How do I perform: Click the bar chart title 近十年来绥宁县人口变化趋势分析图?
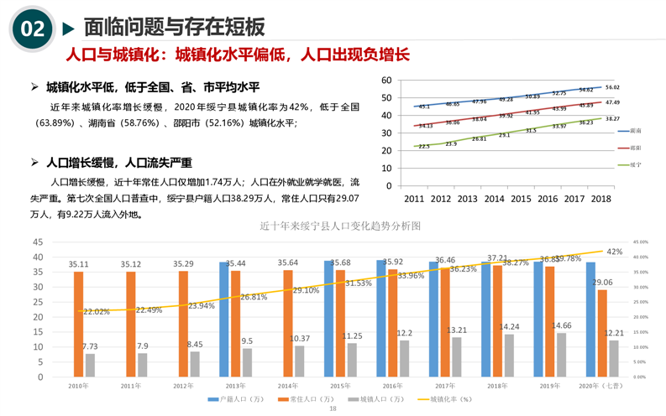pos(340,226)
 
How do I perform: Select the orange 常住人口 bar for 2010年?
pos(79,324)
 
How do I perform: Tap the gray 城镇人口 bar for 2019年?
pos(561,355)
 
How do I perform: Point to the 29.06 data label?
pos(602,283)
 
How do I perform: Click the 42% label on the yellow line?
pos(615,252)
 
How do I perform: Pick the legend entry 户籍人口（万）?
pos(237,399)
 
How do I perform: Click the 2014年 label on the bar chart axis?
pos(286,385)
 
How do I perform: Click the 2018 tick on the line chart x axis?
pos(600,199)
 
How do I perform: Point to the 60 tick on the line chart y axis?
pos(386,81)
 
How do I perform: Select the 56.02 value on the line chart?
pos(611,88)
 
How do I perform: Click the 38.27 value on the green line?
pos(612,119)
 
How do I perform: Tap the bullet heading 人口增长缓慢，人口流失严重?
pos(119,163)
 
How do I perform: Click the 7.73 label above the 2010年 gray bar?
pos(90,346)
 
